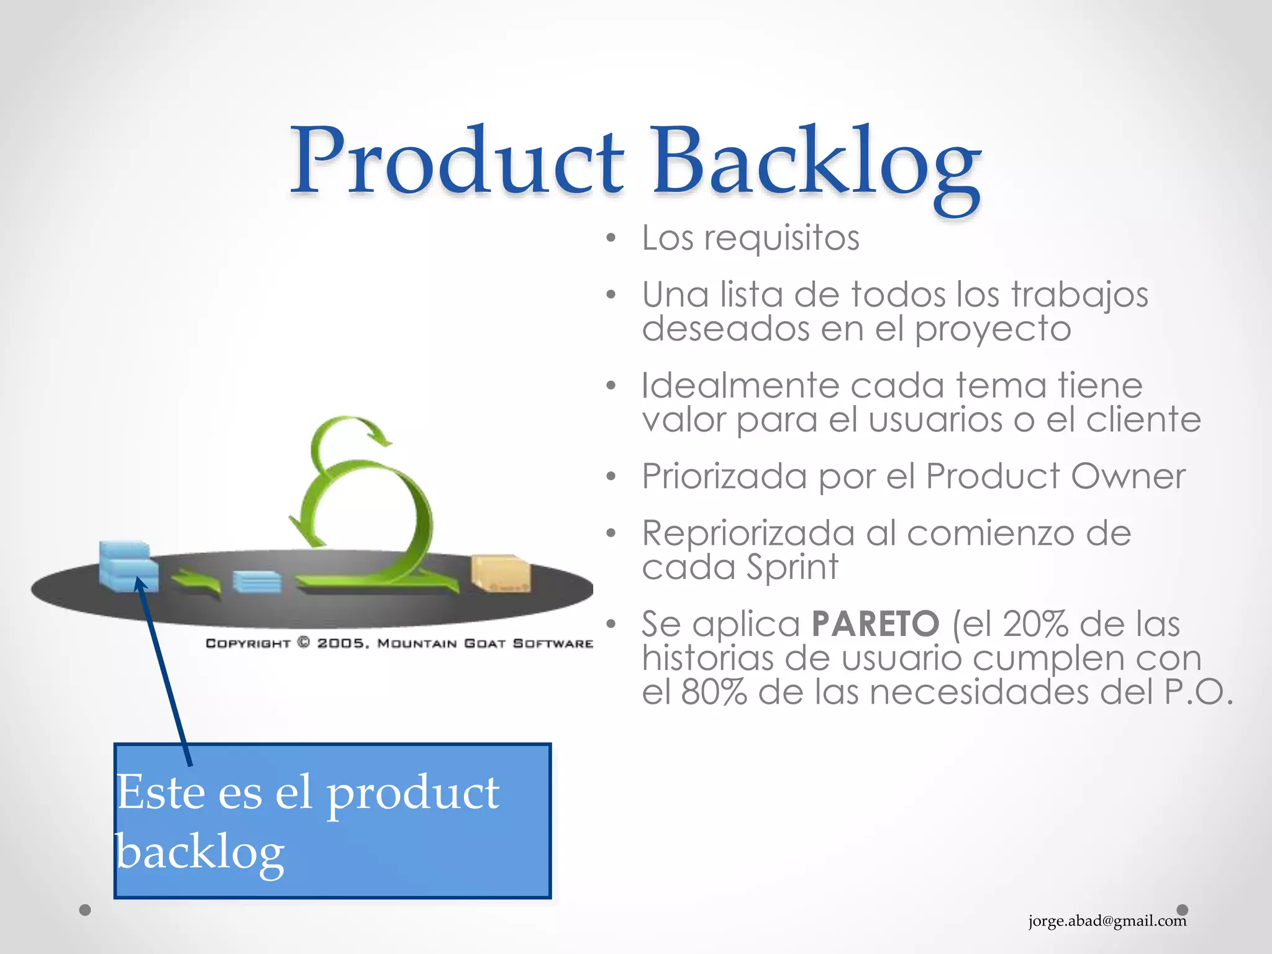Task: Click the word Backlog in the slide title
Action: (815, 163)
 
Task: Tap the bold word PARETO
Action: (876, 624)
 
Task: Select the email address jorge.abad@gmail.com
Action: (1107, 920)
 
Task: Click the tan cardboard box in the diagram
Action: (501, 573)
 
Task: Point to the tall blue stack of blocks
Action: (127, 566)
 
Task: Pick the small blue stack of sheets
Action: (257, 582)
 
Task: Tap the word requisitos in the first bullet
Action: (781, 238)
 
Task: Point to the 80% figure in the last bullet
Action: (714, 692)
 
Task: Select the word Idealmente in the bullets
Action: (740, 386)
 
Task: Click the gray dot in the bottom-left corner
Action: (86, 910)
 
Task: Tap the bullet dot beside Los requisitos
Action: (611, 238)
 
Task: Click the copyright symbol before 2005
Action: (304, 643)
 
